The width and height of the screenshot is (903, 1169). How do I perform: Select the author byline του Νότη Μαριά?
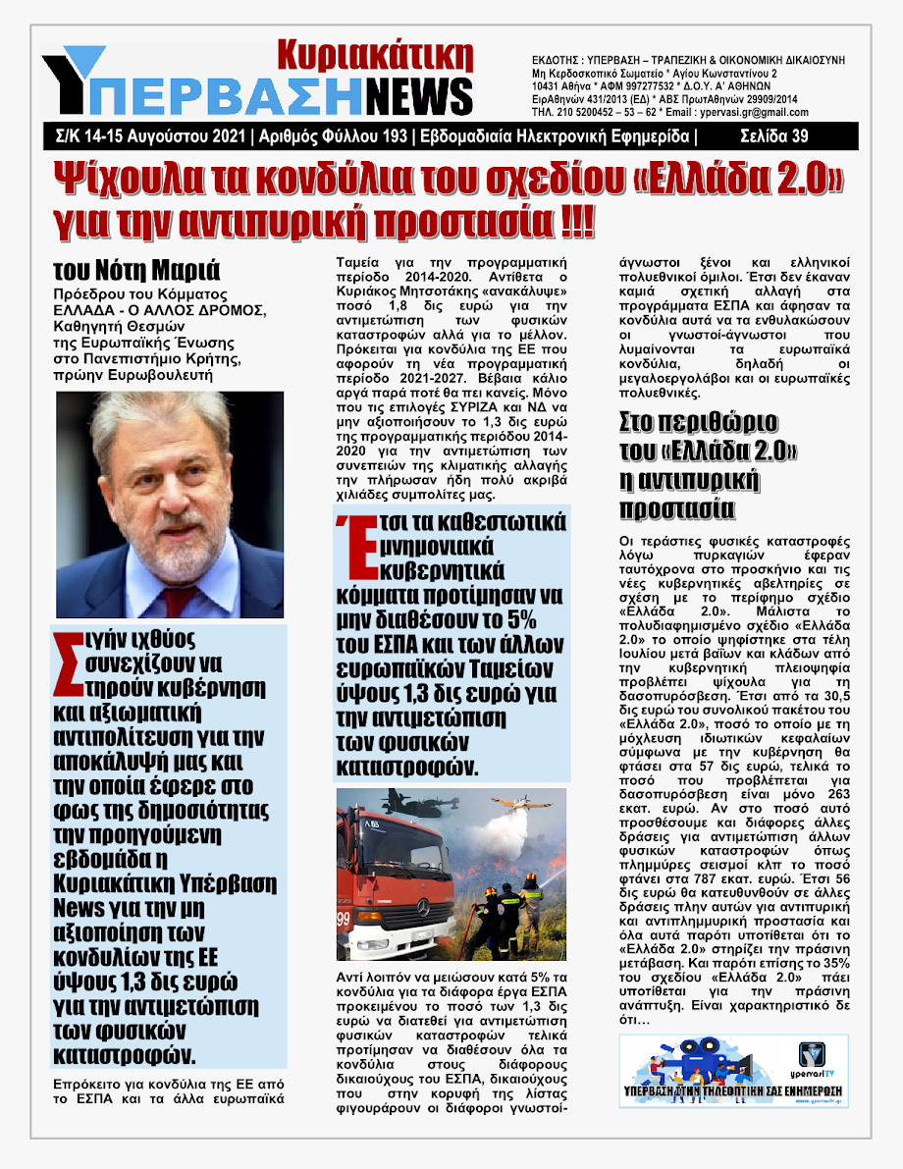pos(136,270)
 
